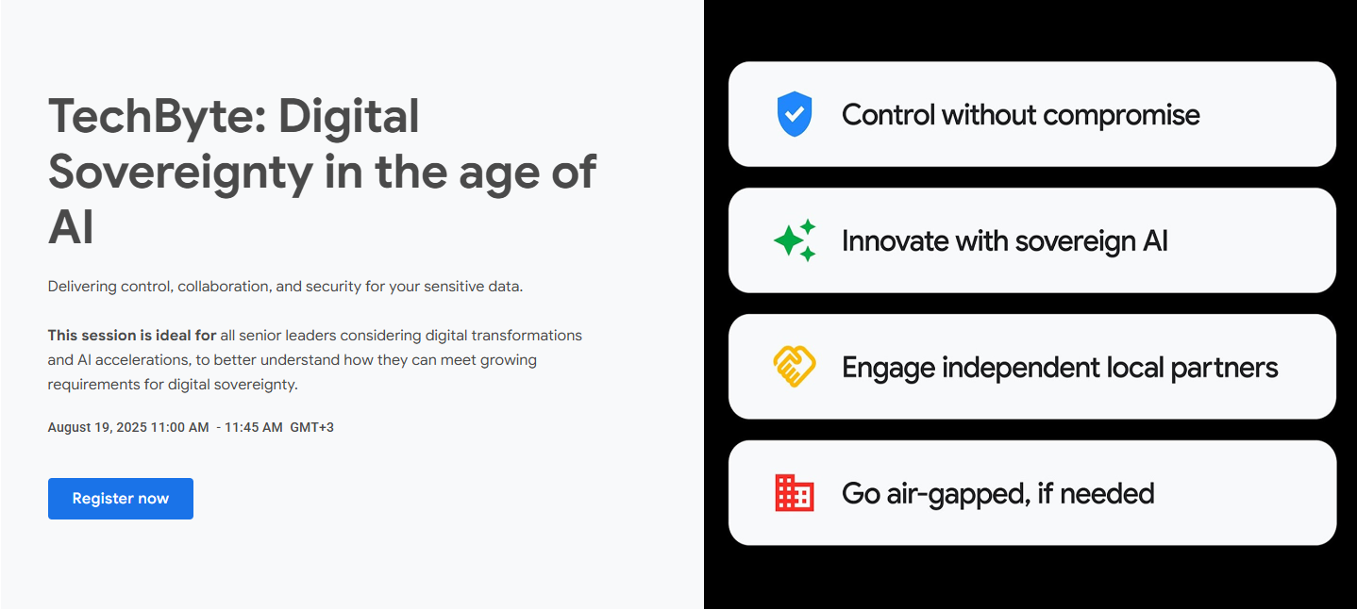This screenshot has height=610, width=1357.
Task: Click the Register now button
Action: coord(121,499)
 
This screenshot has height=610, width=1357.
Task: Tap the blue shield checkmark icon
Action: coord(795,114)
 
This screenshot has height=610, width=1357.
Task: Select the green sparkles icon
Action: coord(795,240)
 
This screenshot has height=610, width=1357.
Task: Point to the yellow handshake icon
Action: coord(795,366)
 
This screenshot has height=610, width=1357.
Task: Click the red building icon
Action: coord(795,492)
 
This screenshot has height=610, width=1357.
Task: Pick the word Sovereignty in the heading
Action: coord(180,173)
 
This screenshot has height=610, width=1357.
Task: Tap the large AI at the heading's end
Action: coord(71,227)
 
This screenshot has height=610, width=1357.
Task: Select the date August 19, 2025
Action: coord(97,427)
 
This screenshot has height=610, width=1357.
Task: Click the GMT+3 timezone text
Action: coord(312,427)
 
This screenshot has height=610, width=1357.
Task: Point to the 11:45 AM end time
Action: coord(253,427)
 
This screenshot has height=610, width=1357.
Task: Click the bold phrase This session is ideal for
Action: coord(132,336)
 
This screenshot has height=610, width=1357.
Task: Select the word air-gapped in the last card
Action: coord(958,494)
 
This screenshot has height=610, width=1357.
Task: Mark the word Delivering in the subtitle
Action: coord(82,287)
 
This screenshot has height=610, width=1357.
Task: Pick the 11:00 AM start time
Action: coord(179,427)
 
